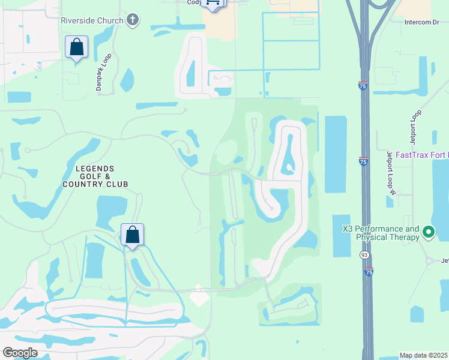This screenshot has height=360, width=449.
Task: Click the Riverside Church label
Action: (x=92, y=20)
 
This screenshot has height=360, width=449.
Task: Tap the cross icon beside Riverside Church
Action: (x=133, y=20)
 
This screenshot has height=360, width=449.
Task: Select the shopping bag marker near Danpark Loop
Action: (x=76, y=47)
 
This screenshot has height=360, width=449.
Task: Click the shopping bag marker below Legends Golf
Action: (x=132, y=235)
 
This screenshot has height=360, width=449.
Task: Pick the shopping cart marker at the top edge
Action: (x=212, y=3)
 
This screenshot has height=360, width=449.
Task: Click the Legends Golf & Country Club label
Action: (x=95, y=176)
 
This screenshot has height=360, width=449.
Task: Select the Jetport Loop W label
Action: (x=392, y=173)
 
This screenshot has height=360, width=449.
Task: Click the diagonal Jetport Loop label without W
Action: (x=414, y=127)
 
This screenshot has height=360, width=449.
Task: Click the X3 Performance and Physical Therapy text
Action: (x=380, y=233)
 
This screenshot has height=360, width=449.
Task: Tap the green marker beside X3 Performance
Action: (x=429, y=232)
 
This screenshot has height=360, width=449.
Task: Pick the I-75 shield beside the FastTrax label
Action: (x=363, y=161)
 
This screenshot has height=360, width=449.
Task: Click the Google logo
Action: (x=20, y=353)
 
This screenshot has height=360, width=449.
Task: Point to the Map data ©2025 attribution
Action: (x=424, y=355)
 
